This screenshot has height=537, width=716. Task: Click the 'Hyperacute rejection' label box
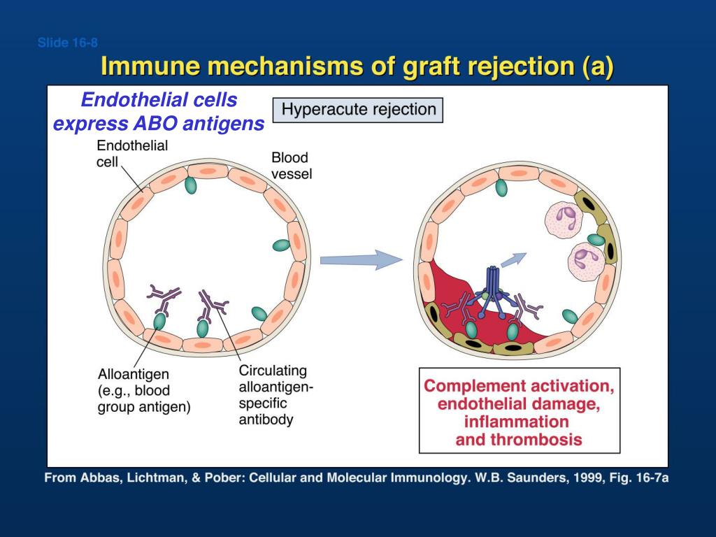click(x=357, y=110)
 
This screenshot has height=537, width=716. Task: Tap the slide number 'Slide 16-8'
click(x=67, y=43)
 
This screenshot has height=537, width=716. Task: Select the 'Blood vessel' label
click(x=291, y=166)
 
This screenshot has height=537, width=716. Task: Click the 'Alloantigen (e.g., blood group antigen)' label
click(x=143, y=390)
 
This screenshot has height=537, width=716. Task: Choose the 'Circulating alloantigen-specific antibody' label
click(x=272, y=395)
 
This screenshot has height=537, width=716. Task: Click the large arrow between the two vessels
click(x=361, y=260)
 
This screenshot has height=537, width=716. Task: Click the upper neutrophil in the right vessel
click(x=564, y=217)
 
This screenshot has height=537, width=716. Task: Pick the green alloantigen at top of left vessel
click(x=189, y=185)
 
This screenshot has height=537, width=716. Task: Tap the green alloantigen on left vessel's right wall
click(x=281, y=245)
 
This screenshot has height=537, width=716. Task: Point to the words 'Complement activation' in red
click(x=519, y=386)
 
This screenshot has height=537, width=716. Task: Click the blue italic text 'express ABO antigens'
click(x=159, y=124)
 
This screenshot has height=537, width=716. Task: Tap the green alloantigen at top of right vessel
click(x=501, y=187)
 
